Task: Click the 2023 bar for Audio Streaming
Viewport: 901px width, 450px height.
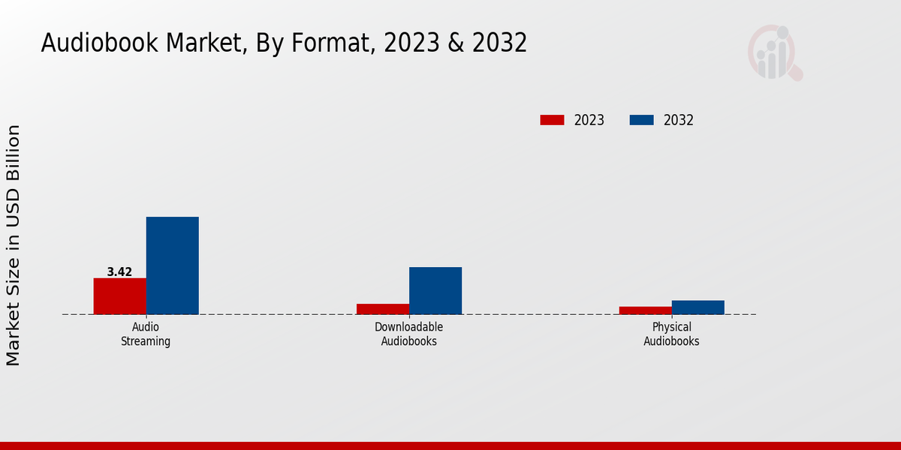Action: click(119, 296)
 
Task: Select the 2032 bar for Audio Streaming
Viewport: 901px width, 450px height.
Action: click(172, 265)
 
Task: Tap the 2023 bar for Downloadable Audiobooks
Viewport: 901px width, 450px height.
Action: click(382, 309)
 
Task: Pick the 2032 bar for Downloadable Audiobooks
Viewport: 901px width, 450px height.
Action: click(435, 290)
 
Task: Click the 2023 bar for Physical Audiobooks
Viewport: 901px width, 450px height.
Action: click(645, 310)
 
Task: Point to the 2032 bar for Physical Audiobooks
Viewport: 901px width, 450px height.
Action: click(698, 307)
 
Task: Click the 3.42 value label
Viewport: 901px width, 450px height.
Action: click(119, 272)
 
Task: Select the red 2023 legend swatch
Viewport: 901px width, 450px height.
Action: click(552, 120)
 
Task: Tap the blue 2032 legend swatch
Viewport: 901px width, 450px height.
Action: click(641, 120)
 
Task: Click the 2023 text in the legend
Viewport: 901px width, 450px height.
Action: click(589, 120)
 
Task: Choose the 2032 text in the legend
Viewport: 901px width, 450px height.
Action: click(679, 120)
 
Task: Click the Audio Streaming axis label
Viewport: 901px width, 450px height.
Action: click(146, 334)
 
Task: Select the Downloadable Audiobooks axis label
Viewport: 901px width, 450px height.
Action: click(408, 334)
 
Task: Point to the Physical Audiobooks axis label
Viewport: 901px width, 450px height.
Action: click(671, 334)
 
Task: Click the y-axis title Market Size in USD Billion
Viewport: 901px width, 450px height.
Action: click(14, 245)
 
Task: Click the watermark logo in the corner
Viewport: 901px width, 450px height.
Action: click(775, 52)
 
